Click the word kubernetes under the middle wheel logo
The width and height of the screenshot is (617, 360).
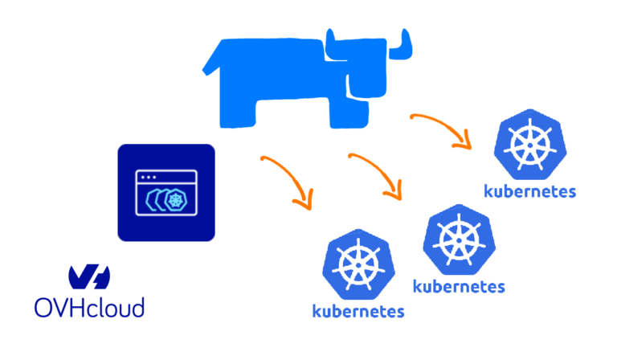click(x=459, y=285)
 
